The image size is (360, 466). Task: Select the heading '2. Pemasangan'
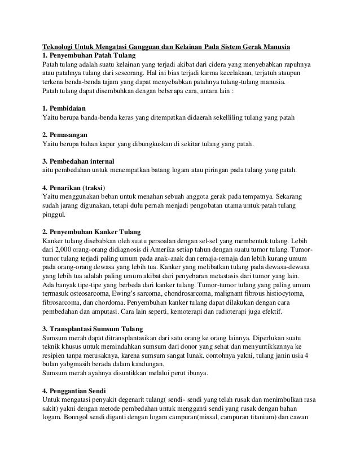[x=67, y=134]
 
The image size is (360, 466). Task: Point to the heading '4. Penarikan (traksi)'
[x=75, y=187]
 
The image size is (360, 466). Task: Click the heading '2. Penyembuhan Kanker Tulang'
[x=92, y=232]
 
